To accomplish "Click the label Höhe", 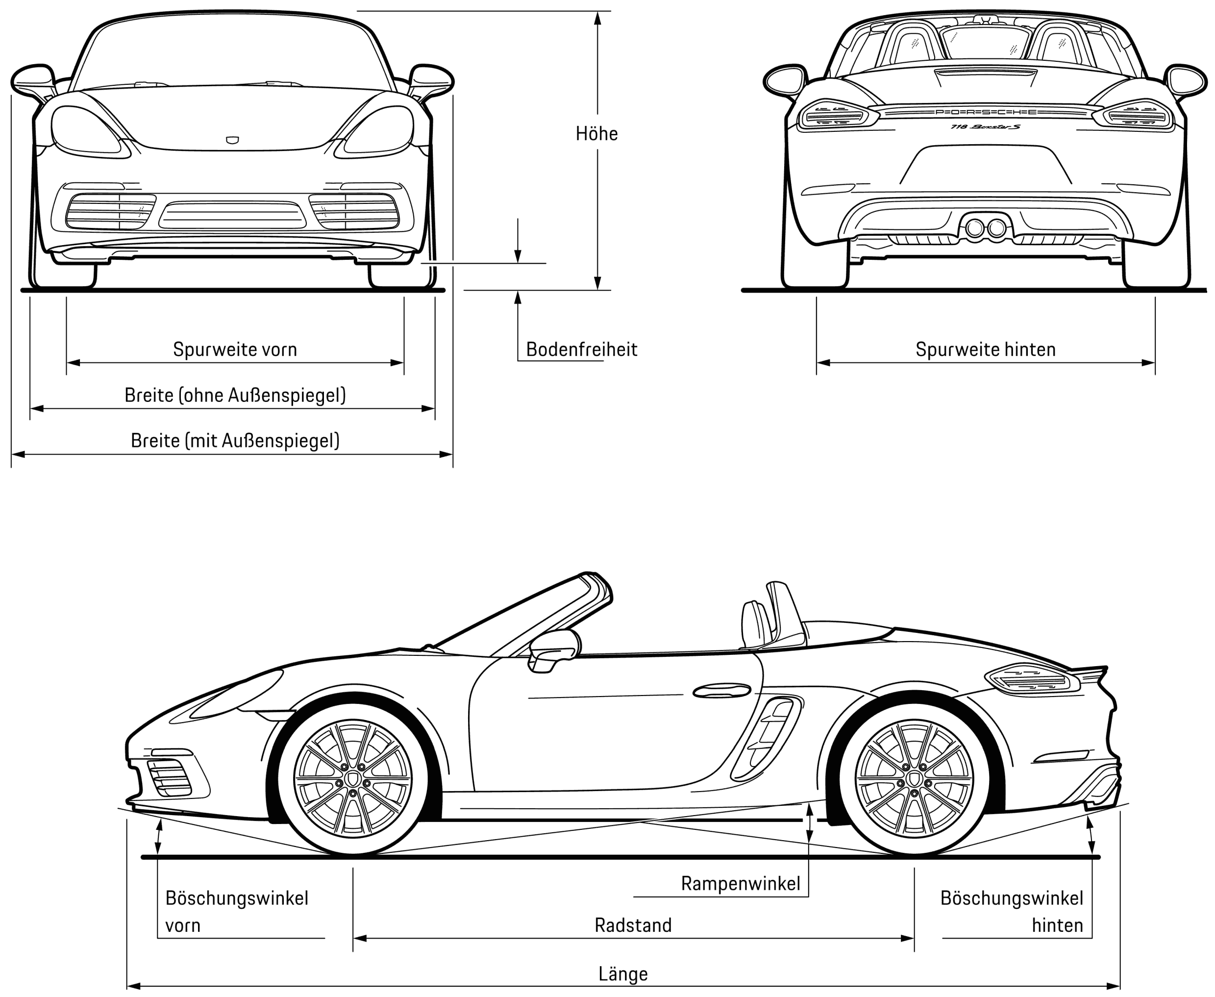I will [596, 134].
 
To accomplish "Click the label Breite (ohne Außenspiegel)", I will [235, 395].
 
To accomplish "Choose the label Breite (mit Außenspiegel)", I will [235, 441].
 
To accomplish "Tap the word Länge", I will [623, 974].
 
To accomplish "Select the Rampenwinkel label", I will [740, 883].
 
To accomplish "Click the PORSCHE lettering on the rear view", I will [985, 112].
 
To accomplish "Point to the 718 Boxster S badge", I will [985, 126].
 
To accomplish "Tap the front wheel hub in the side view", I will [352, 780].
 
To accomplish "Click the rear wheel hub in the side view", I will [914, 780].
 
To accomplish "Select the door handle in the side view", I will [722, 690].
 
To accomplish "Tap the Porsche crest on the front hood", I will [232, 140].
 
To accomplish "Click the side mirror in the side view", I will [552, 649].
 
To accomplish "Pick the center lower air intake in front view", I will [232, 215].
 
